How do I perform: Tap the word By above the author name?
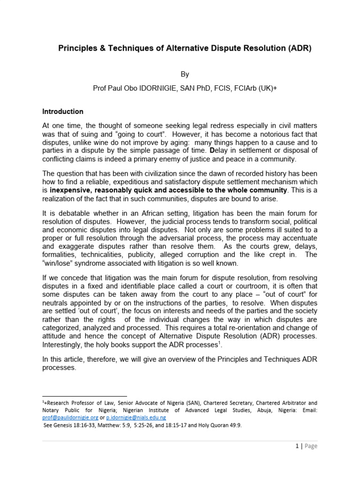pos(184,74)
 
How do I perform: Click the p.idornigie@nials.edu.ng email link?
pos(136,417)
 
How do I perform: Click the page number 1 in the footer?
pos(299,446)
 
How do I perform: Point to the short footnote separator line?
pos(84,396)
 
